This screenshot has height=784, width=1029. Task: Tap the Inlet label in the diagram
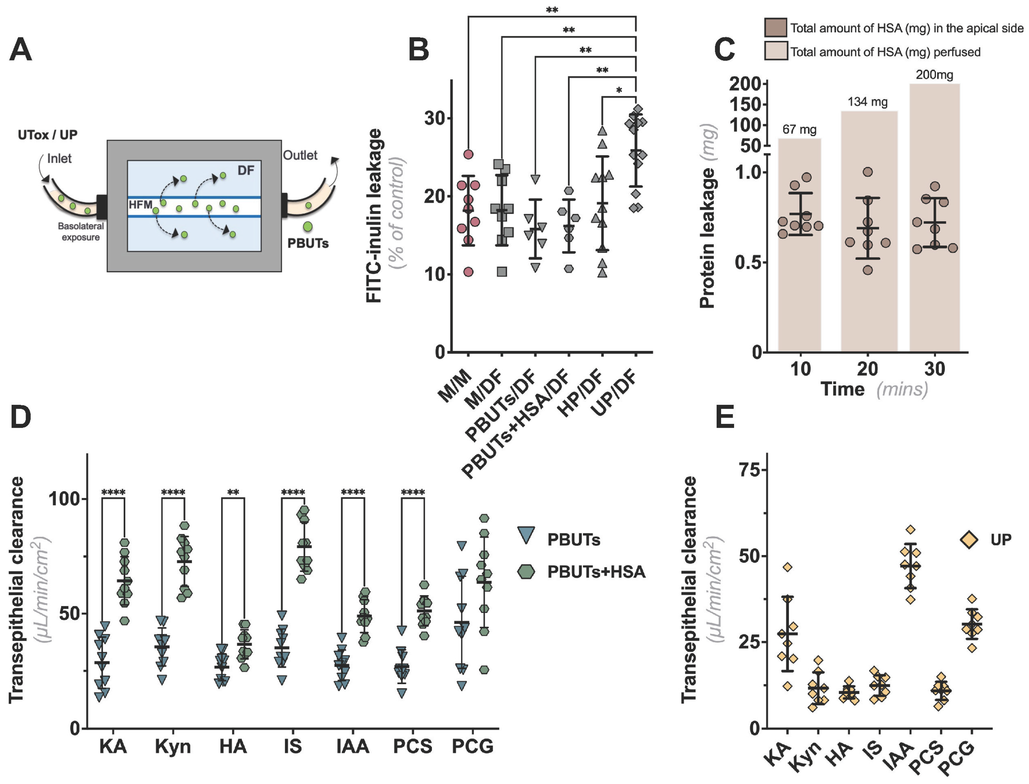point(59,159)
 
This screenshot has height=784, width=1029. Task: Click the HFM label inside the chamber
point(140,204)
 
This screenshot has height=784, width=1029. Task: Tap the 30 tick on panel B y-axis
point(434,118)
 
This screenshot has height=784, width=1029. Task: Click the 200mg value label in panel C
point(934,75)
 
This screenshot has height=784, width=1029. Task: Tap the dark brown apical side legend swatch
point(775,27)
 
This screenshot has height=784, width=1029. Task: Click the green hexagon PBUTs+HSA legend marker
point(526,572)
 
